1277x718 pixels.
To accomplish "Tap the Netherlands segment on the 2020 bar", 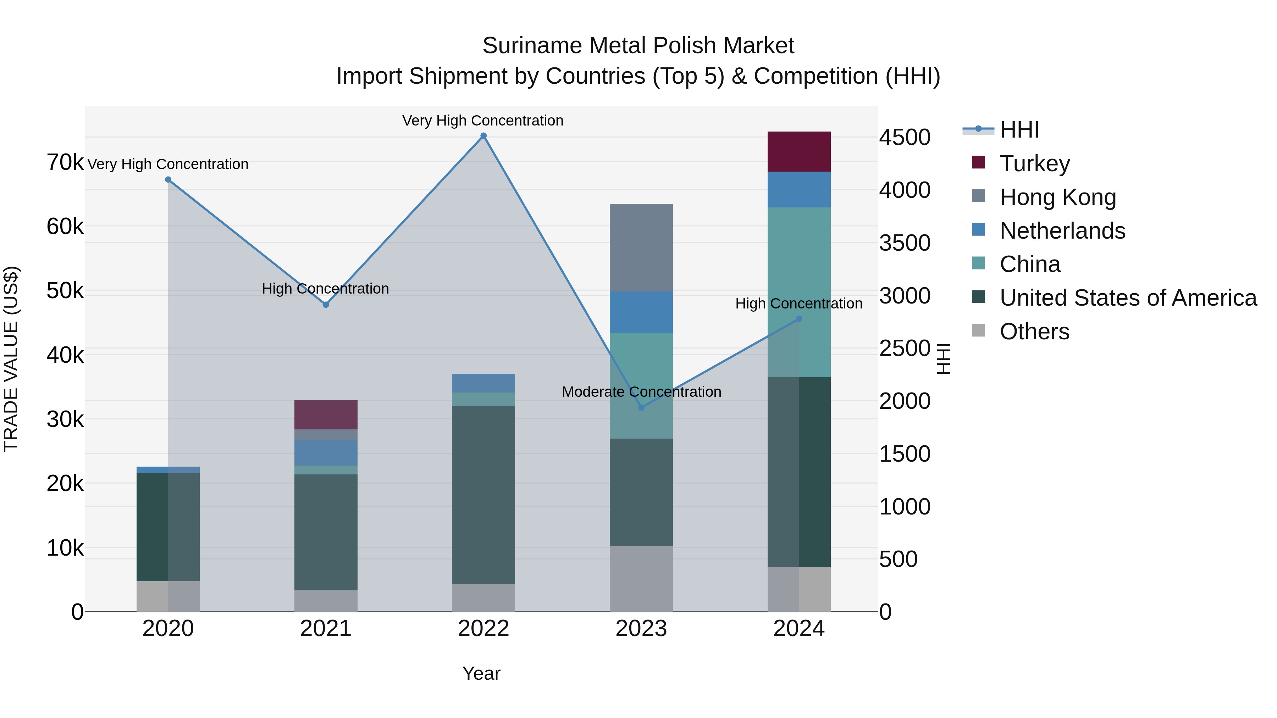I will [x=168, y=470].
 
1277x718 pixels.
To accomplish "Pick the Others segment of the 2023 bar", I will [x=641, y=578].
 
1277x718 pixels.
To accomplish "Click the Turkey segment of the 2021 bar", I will [x=326, y=415].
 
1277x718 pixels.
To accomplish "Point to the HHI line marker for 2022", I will [x=483, y=136].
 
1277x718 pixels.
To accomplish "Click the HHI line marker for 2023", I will [x=641, y=407].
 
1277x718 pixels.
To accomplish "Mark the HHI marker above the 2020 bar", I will [x=168, y=179].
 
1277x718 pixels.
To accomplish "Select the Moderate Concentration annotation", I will [x=641, y=392].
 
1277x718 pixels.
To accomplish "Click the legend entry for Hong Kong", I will [x=1057, y=197].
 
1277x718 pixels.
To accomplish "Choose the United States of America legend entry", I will [x=1128, y=298].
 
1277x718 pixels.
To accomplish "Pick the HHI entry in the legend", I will [x=1019, y=130].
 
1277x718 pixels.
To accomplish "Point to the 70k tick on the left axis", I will [x=65, y=162].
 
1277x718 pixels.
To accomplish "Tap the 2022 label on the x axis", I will [x=483, y=629].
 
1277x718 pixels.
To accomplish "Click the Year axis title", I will [x=481, y=673].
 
